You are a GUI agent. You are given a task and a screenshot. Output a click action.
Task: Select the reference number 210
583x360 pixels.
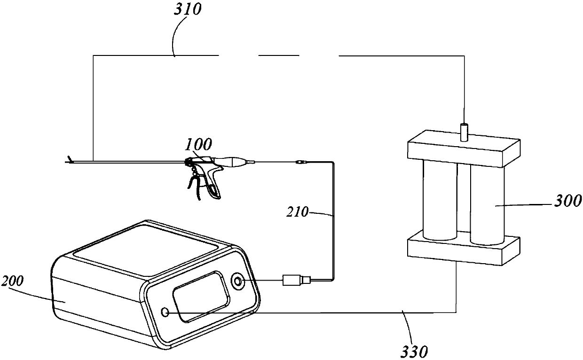coord(298,212)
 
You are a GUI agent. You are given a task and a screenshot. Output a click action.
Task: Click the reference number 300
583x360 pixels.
coord(568,202)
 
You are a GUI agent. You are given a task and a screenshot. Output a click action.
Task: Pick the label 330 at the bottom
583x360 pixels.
coord(415,350)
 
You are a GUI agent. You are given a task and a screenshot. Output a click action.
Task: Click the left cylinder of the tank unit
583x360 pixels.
coord(440,200)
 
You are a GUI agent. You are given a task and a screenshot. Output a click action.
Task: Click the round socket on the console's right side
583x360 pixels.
coord(237,282)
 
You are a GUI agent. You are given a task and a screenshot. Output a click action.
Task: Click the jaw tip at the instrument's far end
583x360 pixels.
coord(70,161)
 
